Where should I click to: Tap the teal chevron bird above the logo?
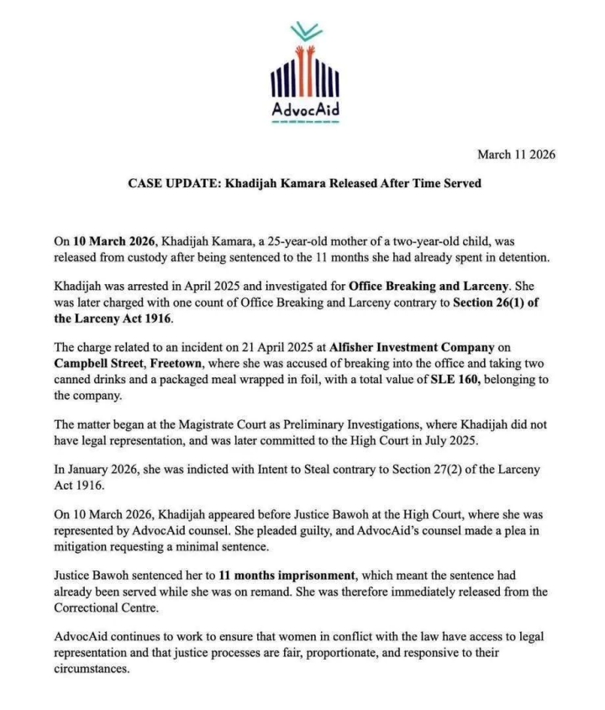306,33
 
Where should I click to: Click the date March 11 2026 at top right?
516,155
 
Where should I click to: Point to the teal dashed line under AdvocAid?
306,123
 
